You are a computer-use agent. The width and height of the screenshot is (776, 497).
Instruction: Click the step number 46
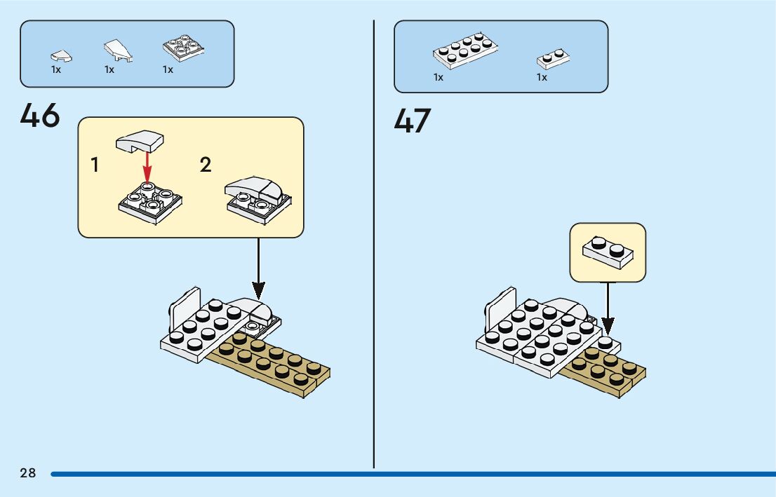point(40,116)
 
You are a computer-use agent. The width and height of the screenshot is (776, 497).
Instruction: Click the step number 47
point(413,121)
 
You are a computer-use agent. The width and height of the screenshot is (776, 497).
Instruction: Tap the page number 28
point(28,473)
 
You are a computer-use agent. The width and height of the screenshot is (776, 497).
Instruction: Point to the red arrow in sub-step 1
point(147,167)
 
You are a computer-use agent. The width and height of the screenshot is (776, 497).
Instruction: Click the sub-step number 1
point(95,165)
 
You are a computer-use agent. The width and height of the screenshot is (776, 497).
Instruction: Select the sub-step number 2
point(206,165)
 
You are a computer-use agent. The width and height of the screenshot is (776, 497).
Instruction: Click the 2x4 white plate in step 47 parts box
point(465,50)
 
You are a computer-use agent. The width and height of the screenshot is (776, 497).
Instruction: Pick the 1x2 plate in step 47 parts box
point(553,58)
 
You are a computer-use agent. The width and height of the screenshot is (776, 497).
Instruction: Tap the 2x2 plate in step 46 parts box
point(184,48)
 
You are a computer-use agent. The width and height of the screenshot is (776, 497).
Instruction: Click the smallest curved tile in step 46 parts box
point(61,56)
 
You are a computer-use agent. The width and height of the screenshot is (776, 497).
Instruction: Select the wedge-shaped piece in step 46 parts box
point(119,50)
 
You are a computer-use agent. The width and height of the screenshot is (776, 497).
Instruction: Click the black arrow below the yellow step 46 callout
point(258,269)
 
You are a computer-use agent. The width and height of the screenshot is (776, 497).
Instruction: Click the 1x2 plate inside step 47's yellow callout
point(608,252)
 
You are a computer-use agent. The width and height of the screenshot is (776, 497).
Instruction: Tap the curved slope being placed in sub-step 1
point(140,141)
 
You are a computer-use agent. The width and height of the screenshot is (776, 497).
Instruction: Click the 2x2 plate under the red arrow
point(150,203)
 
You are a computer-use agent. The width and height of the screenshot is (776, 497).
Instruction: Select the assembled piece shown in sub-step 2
point(257,200)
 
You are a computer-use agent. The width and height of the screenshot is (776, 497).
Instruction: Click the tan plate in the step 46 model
point(269,365)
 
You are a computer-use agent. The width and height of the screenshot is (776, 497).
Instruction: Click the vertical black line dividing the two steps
point(374,244)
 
